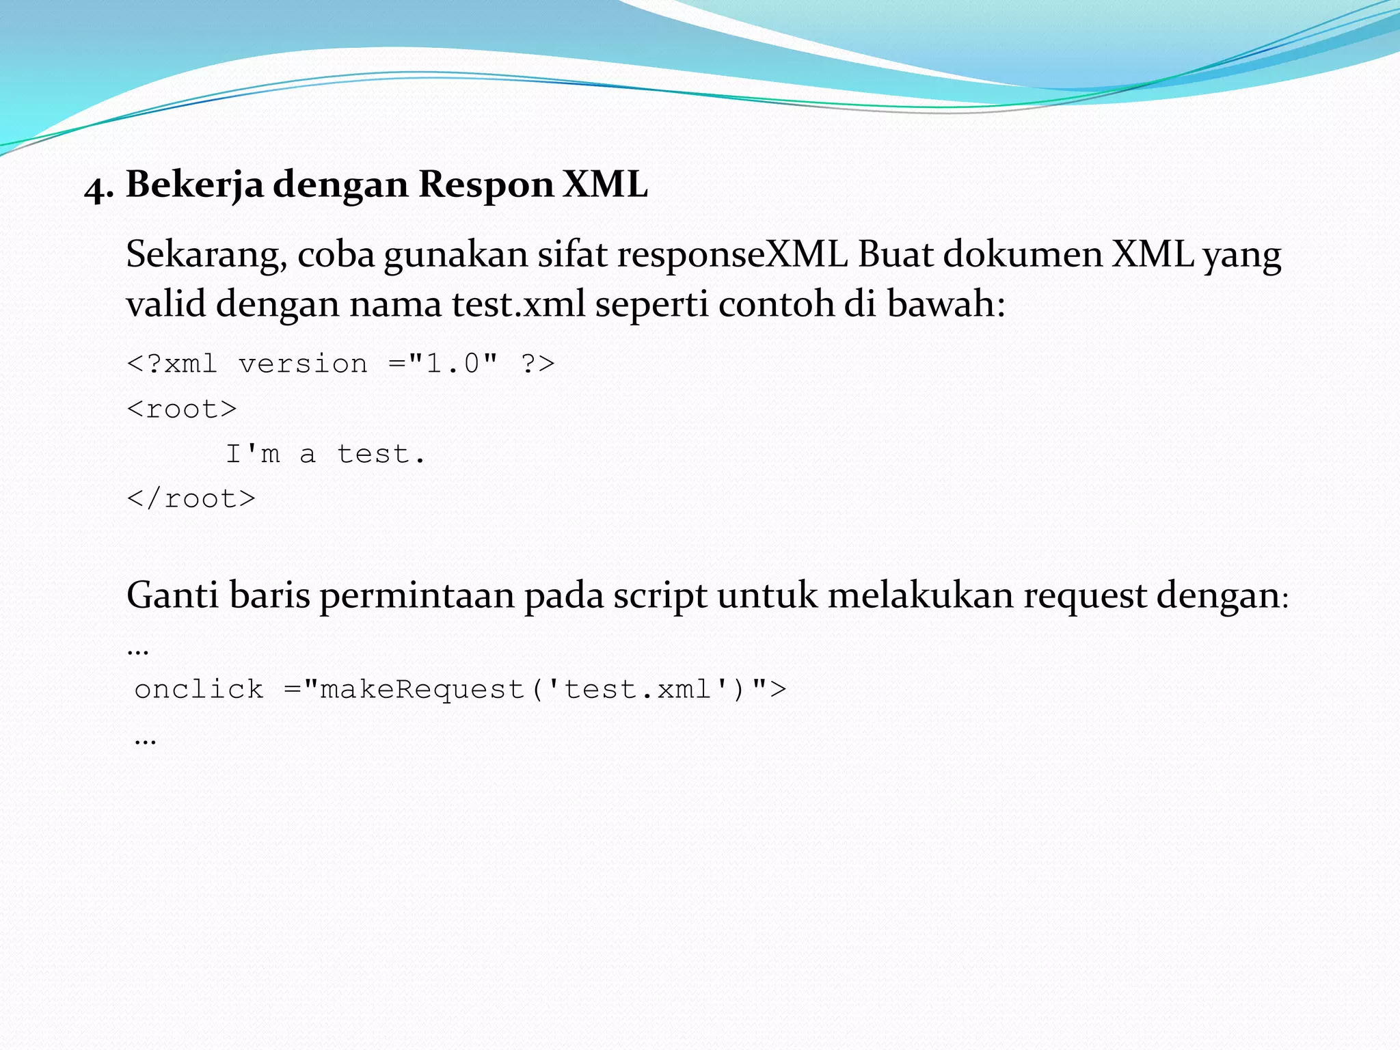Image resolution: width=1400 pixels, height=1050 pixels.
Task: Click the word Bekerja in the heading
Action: pos(194,185)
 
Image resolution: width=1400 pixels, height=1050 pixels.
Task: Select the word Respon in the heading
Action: pos(485,185)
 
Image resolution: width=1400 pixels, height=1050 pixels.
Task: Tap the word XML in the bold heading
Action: pos(605,185)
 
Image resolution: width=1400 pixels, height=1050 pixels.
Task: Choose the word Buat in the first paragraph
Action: pos(896,255)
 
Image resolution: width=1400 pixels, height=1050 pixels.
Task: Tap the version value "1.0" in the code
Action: pos(453,364)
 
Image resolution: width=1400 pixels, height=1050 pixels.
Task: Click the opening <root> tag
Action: pos(182,409)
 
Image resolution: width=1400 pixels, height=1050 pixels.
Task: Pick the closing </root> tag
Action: pos(191,499)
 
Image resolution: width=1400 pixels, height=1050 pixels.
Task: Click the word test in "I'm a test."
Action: pos(373,454)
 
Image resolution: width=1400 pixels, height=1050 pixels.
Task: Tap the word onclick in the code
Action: pos(199,689)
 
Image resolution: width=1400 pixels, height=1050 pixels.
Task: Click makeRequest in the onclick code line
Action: pos(422,689)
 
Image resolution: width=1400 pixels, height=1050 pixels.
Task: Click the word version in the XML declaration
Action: pos(303,364)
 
